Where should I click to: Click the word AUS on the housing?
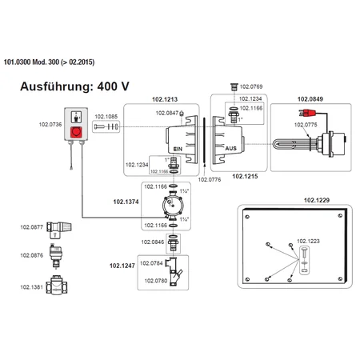pos(230,148)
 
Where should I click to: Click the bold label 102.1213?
pos(165,100)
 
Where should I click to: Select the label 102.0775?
pos(305,125)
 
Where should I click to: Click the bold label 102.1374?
pos(124,202)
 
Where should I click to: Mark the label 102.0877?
pos(31,226)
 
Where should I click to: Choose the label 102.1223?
pos(308,240)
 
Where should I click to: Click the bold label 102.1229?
pos(317,201)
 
